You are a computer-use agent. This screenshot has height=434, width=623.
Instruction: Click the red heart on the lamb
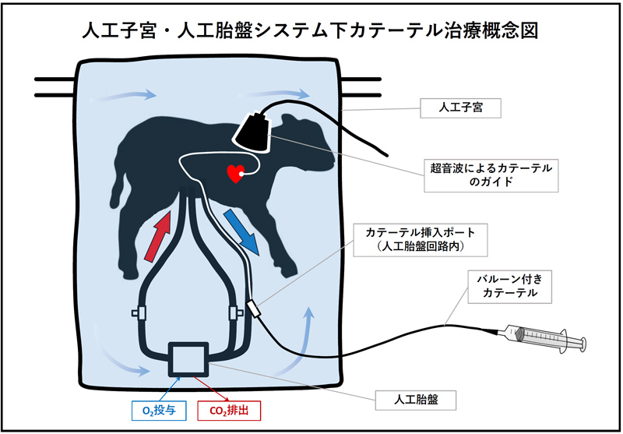[x=235, y=174]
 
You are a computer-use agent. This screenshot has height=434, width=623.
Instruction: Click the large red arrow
[x=158, y=236]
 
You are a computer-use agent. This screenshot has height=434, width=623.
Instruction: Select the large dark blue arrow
[x=241, y=232]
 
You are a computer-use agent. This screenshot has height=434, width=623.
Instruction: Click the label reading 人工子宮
[x=460, y=108]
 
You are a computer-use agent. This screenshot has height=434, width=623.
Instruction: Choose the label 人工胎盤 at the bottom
[x=416, y=400]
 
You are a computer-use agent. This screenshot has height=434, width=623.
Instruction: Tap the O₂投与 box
[x=159, y=411]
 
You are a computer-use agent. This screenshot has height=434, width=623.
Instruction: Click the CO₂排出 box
[x=229, y=411]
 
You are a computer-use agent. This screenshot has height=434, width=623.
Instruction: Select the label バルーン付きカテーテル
[x=509, y=287]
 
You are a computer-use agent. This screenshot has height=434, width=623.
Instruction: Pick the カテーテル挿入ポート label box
[x=421, y=240]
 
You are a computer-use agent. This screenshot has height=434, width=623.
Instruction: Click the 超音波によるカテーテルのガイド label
[x=491, y=175]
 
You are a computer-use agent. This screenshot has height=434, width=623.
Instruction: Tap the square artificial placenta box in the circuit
[x=188, y=359]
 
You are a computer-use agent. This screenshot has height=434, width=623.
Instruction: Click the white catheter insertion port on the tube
[x=254, y=309]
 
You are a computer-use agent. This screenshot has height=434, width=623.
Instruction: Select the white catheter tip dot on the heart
[x=241, y=173]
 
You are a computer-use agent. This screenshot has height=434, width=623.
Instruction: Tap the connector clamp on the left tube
[x=139, y=312]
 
